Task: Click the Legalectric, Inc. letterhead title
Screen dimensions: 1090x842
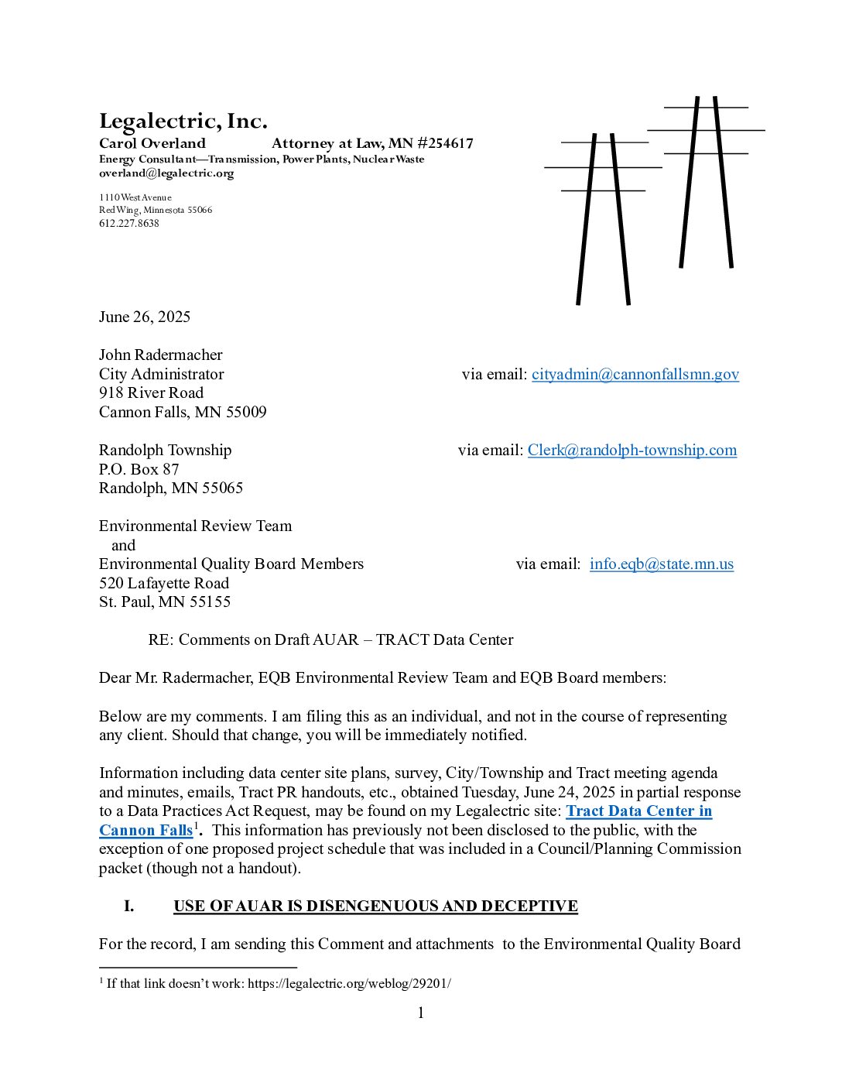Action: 183,122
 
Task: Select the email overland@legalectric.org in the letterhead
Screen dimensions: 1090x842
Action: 166,173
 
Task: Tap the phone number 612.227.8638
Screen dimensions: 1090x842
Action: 128,224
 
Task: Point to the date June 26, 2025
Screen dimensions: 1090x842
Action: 144,317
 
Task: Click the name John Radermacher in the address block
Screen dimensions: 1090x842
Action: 160,355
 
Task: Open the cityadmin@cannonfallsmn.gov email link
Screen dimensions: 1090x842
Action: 635,375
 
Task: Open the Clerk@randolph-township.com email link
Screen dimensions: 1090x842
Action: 631,451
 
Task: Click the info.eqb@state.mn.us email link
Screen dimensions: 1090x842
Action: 661,564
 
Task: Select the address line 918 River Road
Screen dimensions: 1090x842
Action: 151,393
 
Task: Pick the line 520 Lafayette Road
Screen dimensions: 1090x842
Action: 164,584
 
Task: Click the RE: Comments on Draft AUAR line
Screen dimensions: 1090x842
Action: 330,640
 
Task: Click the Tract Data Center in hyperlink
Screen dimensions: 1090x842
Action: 638,811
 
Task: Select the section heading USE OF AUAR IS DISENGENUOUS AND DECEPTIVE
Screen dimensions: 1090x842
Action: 375,907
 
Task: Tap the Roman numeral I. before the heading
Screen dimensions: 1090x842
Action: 129,907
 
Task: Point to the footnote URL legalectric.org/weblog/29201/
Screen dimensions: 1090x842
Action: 349,984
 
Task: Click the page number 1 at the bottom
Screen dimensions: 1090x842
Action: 421,1013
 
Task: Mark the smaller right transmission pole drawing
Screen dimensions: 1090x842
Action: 706,182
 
